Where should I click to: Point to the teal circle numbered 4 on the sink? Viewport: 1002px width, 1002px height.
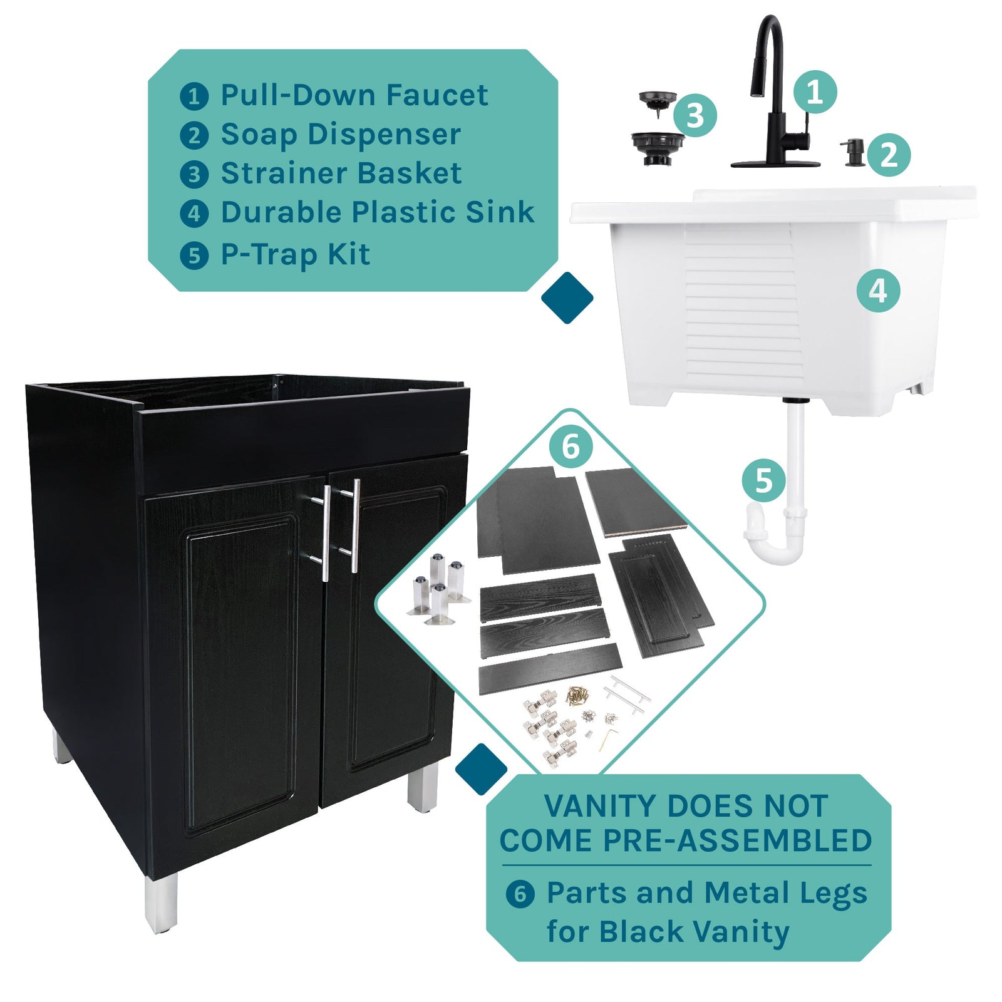(878, 291)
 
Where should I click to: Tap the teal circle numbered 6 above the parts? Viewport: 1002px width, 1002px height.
(571, 447)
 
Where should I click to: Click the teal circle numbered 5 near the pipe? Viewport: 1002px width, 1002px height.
(763, 481)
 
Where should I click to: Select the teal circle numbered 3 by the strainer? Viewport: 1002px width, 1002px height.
(695, 115)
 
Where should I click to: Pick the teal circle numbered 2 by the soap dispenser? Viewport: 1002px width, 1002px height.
(889, 155)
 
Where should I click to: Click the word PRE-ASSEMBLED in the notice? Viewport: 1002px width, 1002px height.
(736, 840)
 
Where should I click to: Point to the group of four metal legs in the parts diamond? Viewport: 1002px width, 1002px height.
(438, 589)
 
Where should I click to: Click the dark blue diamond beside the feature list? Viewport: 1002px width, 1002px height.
(567, 298)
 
